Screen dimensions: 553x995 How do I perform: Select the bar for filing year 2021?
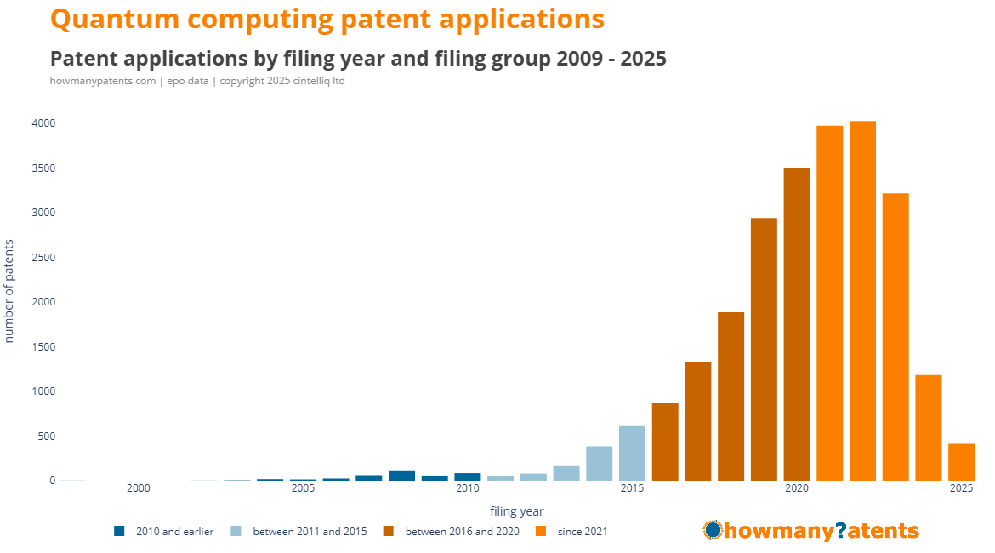pos(829,303)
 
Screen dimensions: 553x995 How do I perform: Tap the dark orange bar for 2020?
pos(797,324)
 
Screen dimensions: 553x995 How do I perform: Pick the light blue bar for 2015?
pos(632,453)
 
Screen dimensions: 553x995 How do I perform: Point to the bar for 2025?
pos(961,462)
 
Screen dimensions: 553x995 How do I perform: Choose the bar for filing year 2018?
pos(731,396)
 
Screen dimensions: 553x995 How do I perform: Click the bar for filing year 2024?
pos(928,427)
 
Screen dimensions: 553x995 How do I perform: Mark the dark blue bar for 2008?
pos(401,476)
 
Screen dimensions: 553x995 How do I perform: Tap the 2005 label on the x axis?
pos(303,488)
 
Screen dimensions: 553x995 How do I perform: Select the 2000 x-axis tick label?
pos(138,488)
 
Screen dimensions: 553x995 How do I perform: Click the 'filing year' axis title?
pos(516,511)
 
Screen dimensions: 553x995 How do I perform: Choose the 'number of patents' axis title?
pos(10,291)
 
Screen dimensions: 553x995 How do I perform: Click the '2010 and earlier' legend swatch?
pos(119,532)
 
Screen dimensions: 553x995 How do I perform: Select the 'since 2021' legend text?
pos(583,532)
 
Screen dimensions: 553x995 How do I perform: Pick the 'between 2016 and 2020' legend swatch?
pos(388,532)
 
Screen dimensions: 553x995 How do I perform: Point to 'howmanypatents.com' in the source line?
pos(103,81)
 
